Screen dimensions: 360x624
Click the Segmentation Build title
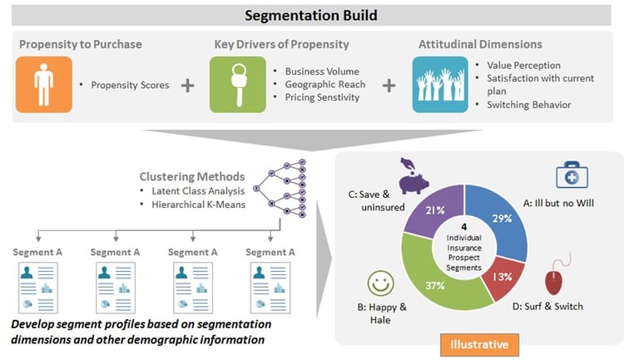pyautogui.click(x=312, y=16)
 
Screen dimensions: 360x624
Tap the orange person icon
pyautogui.click(x=37, y=85)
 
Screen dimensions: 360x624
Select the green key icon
pyautogui.click(x=231, y=85)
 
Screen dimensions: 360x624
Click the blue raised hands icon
pyautogui.click(x=439, y=85)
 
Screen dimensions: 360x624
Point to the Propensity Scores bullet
pyautogui.click(x=128, y=86)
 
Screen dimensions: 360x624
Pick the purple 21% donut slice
pyautogui.click(x=433, y=210)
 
